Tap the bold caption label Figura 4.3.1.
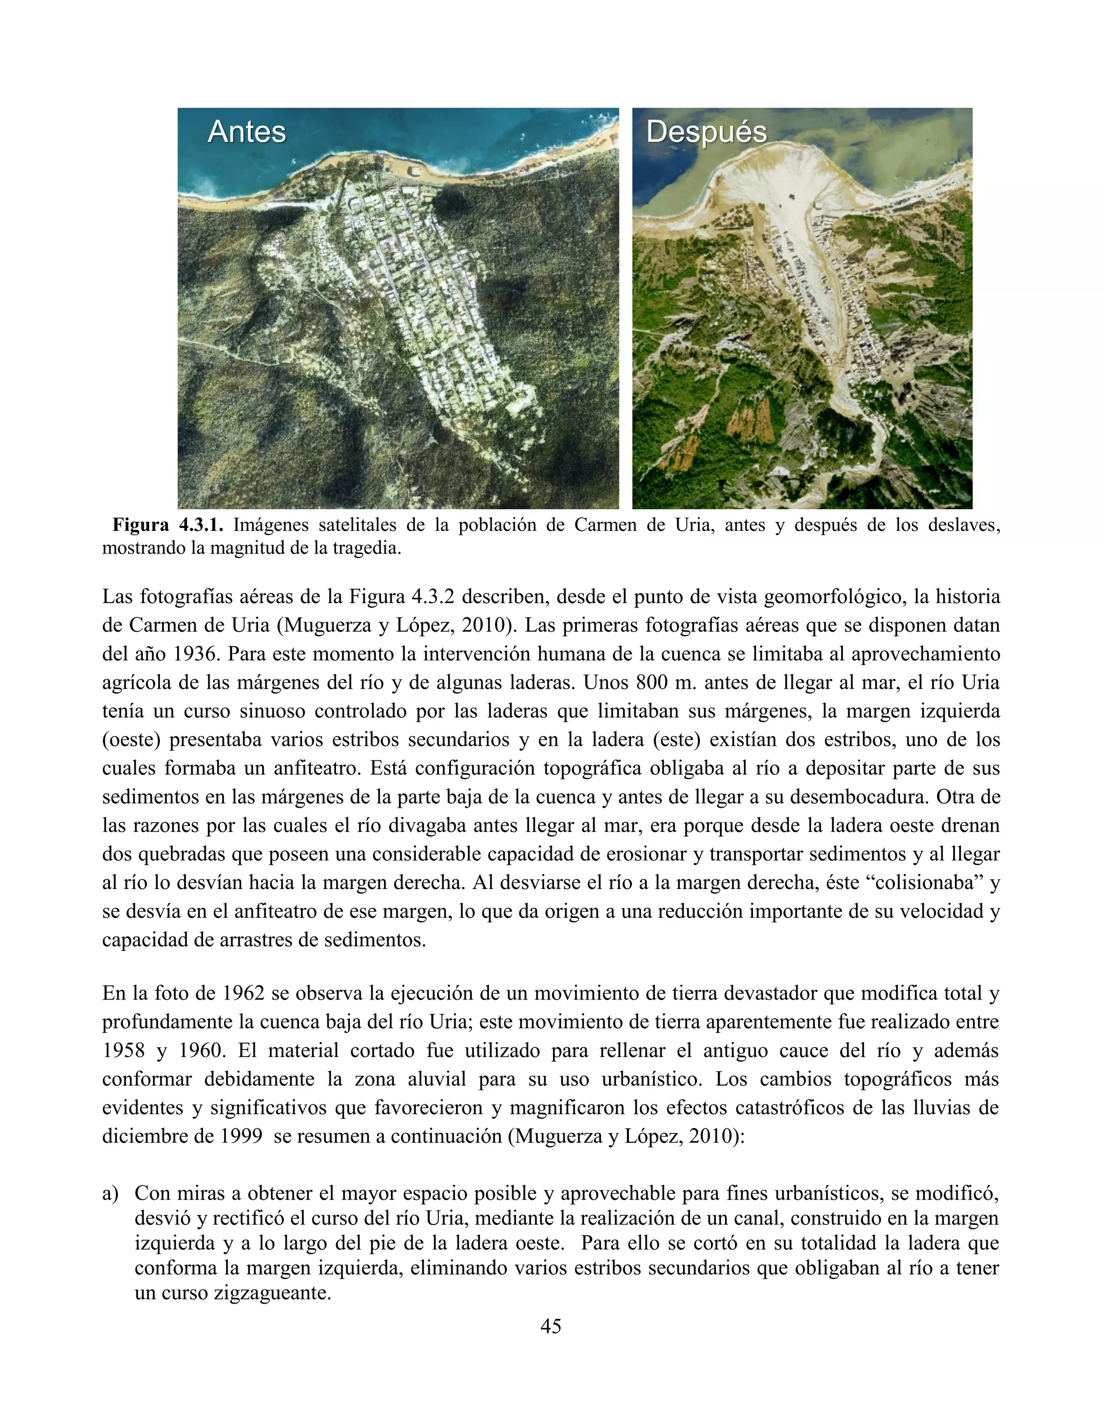click(168, 526)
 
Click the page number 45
click(551, 1326)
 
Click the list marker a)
click(110, 1194)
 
